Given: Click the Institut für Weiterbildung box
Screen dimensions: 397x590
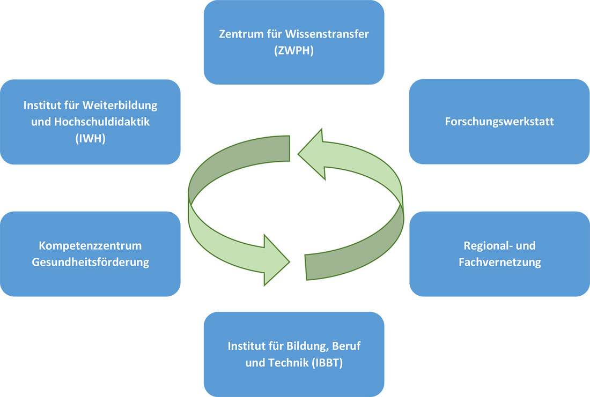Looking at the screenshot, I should [x=90, y=150].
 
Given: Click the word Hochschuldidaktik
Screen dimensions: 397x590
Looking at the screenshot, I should [x=105, y=121].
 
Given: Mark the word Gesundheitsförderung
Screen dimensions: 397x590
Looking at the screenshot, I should [x=90, y=263].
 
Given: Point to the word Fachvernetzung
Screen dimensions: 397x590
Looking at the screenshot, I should [x=499, y=263].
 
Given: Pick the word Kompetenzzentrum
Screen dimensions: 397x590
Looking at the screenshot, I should [x=90, y=246].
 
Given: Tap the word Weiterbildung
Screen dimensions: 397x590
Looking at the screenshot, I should [x=121, y=105].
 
